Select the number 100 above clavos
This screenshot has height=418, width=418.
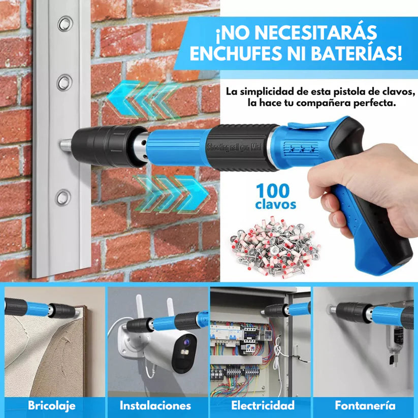[x=272, y=192]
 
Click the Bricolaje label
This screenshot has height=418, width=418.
[x=52, y=405]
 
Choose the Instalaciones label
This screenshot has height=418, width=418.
[x=155, y=405]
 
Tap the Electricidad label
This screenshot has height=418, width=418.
[x=263, y=405]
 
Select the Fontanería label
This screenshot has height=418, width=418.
[x=365, y=405]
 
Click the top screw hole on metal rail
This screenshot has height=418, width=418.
[x=65, y=23]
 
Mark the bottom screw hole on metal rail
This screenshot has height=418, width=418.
[x=63, y=198]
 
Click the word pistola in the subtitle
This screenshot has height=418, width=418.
[x=339, y=92]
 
